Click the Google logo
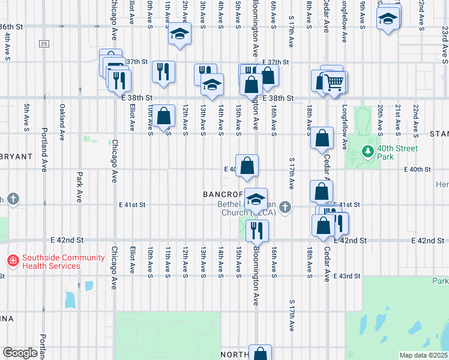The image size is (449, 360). (x=20, y=353)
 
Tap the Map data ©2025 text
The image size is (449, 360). (x=423, y=355)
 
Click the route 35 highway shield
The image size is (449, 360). (x=43, y=44)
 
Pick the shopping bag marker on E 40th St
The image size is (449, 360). (x=247, y=166)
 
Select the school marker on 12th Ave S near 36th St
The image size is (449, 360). (x=179, y=34)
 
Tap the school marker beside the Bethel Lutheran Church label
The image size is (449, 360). (x=256, y=200)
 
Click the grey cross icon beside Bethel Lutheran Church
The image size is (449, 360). (x=285, y=207)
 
